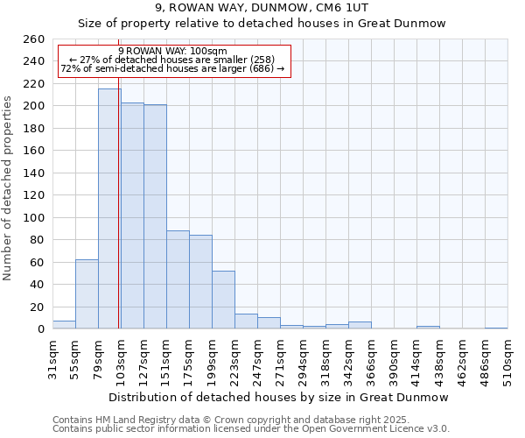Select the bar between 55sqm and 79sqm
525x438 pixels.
pyautogui.click(x=87, y=294)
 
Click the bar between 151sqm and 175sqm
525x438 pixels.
pyautogui.click(x=178, y=279)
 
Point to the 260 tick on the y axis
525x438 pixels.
pyautogui.click(x=34, y=39)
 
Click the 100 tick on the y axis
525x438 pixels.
pyautogui.click(x=34, y=217)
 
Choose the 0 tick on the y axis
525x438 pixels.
pyautogui.click(x=41, y=329)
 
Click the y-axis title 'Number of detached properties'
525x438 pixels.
pyautogui.click(x=9, y=184)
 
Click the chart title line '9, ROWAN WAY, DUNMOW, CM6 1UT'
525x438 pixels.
pyautogui.click(x=262, y=8)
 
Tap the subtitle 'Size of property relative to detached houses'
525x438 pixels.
pyautogui.click(x=262, y=24)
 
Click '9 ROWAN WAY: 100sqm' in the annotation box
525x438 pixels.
pyautogui.click(x=172, y=51)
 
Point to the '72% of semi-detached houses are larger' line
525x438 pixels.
pyautogui.click(x=172, y=68)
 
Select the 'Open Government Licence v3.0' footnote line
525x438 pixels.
pyautogui.click(x=251, y=429)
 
